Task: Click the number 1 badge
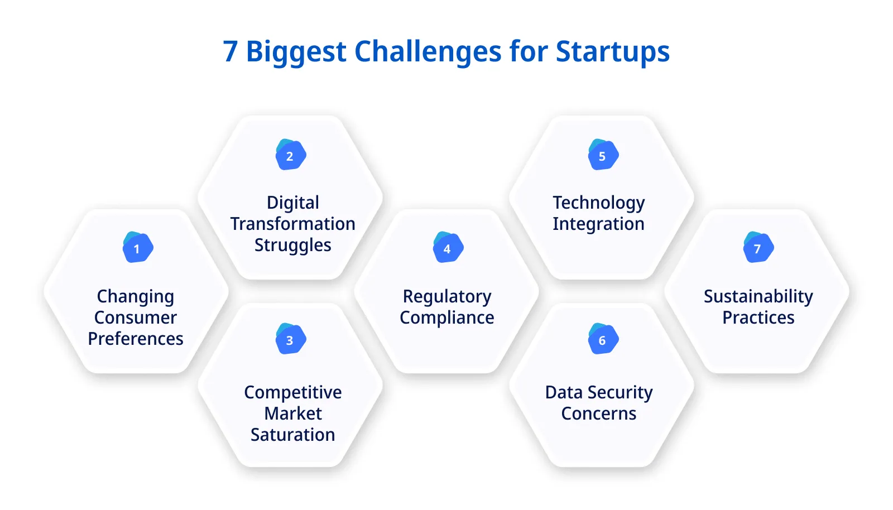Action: (x=137, y=248)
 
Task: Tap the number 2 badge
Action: (x=290, y=155)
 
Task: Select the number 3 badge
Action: (x=290, y=339)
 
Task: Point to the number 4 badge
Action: (x=448, y=248)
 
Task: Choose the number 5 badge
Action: (x=603, y=155)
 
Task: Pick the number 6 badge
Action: (x=603, y=339)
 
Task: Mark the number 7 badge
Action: (x=758, y=248)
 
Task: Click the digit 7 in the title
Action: (x=231, y=52)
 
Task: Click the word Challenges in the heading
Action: (x=428, y=52)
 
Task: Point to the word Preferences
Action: (x=136, y=339)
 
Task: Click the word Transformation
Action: (x=293, y=224)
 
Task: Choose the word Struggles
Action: (x=293, y=246)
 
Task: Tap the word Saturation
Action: (x=293, y=435)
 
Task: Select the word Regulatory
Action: (x=447, y=297)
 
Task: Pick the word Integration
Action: (x=598, y=224)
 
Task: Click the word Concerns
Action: (x=598, y=413)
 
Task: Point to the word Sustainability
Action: (x=758, y=297)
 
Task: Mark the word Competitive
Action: (x=293, y=392)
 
